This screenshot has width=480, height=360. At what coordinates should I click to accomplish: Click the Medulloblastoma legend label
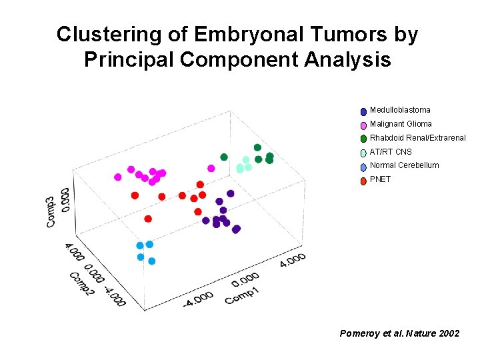(400, 110)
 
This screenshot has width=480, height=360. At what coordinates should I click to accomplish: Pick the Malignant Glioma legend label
(401, 124)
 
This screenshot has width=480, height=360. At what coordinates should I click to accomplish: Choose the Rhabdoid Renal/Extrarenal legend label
(417, 138)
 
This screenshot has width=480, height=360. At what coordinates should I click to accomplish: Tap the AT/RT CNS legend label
(391, 152)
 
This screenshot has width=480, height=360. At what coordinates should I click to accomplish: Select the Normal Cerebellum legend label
(404, 165)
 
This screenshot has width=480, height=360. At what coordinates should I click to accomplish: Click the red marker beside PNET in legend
(363, 180)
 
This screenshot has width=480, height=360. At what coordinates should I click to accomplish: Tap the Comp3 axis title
(51, 212)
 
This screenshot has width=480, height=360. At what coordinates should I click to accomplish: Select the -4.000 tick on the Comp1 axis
(198, 299)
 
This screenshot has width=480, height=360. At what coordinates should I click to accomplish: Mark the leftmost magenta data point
(118, 177)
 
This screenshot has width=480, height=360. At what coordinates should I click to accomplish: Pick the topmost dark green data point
(257, 147)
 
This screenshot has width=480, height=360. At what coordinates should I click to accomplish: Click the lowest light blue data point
(151, 261)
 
